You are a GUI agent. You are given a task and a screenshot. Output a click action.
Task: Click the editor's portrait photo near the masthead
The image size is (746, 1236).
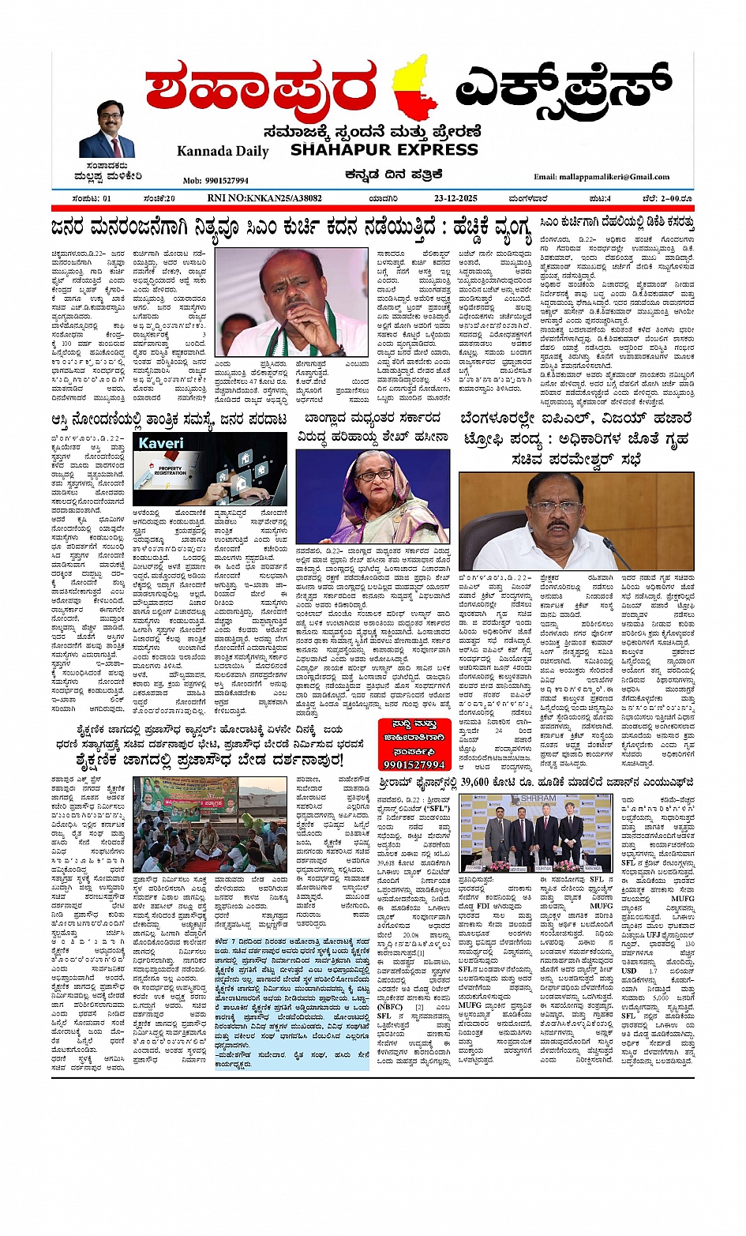tap(107, 130)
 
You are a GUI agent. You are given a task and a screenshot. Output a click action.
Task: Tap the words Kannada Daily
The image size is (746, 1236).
tap(223, 151)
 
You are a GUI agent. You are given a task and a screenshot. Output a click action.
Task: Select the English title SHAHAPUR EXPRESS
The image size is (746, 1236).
tap(384, 149)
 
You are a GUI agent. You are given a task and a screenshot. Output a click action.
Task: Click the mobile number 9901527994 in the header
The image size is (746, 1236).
tap(216, 181)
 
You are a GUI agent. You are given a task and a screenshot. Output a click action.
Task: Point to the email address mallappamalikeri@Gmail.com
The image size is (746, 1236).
tap(602, 177)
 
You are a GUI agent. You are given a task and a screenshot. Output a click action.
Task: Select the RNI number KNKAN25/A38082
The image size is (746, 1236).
tap(264, 198)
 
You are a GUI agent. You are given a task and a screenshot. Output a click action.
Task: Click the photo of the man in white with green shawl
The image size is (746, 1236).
tap(291, 302)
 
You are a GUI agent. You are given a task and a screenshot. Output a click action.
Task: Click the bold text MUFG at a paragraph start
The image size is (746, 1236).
tap(470, 1005)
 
